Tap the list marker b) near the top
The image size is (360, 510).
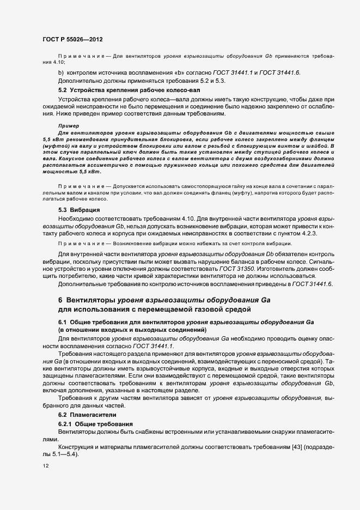click(x=60, y=73)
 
